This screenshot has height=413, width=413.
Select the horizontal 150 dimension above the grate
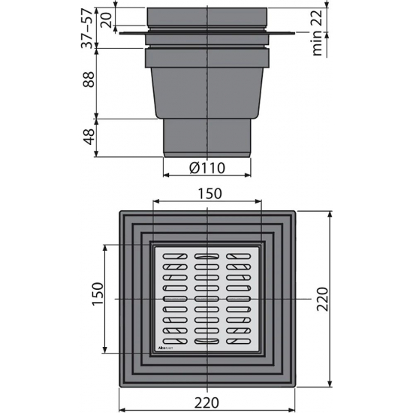[207, 193]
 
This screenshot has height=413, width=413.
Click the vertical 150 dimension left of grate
[95, 298]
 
